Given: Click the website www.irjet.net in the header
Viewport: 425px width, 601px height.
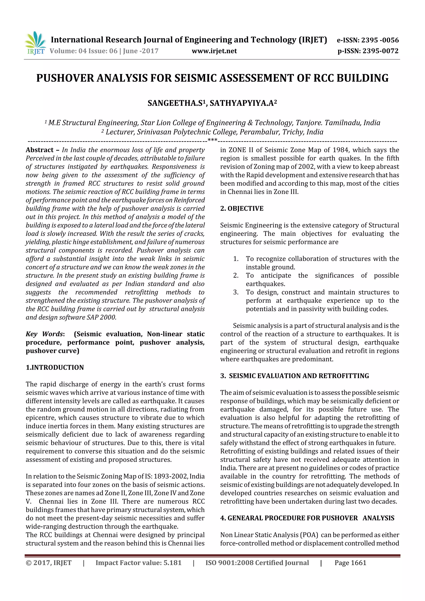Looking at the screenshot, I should tap(214, 51).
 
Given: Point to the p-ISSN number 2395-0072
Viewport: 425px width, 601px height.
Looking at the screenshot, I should tap(380, 51).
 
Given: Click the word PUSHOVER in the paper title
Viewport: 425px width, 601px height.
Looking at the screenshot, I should tap(65, 78).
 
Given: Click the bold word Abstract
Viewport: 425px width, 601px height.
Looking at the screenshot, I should tap(40, 150).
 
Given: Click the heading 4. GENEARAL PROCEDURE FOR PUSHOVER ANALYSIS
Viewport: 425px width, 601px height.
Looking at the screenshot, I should tap(307, 518).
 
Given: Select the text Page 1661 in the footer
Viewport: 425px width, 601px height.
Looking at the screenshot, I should tap(350, 563).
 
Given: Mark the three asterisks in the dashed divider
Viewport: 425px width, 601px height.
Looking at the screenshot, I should tap(212, 140).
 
